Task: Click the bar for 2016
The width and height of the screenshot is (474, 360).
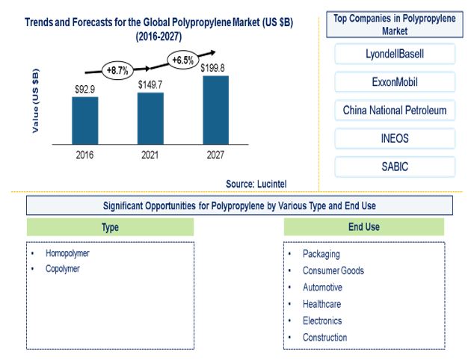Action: [85, 121]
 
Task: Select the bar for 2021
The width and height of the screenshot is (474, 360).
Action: [150, 119]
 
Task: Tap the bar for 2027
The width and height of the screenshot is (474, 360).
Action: [216, 111]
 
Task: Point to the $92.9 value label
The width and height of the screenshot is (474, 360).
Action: [85, 90]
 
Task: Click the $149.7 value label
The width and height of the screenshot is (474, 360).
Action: [150, 85]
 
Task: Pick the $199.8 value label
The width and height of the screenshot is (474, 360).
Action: [212, 68]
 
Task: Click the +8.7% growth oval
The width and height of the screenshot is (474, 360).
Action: [117, 71]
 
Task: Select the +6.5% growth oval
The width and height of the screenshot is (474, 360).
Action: [183, 60]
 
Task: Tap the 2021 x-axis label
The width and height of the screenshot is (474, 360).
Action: [150, 155]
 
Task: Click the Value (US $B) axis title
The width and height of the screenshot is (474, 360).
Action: [36, 101]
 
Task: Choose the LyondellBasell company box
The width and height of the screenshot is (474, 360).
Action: [395, 54]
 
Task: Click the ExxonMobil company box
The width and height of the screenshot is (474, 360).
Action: [395, 82]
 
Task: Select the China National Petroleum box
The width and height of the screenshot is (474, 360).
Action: [395, 111]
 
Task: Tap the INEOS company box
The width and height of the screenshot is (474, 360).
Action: [395, 138]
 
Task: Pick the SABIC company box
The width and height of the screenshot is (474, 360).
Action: [395, 167]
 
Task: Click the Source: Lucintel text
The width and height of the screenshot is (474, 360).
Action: [256, 184]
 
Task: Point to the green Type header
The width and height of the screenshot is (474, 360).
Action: [110, 227]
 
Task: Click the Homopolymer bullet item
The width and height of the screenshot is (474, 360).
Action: [67, 253]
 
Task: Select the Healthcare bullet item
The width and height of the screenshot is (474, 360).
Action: [322, 304]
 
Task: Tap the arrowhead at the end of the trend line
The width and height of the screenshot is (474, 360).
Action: [213, 52]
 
